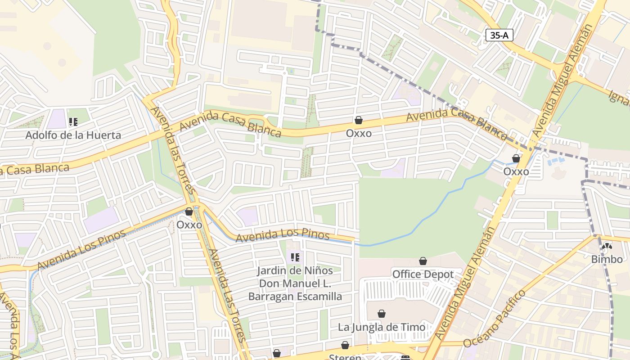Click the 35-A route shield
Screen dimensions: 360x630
499,35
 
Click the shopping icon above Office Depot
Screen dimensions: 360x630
423,261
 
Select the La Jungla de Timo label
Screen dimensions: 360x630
382,327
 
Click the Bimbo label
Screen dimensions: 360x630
607,259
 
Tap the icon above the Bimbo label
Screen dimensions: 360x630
607,246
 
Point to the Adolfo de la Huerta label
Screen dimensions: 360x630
73,135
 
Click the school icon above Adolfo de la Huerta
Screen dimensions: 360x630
73,121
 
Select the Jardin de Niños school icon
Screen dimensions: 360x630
295,257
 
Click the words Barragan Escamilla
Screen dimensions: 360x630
295,297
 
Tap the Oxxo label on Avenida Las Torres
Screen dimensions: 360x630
189,224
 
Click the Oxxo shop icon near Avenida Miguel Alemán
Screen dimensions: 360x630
516,159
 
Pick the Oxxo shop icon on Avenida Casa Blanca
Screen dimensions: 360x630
359,120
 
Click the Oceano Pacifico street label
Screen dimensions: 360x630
494,319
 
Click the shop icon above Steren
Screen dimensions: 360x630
345,345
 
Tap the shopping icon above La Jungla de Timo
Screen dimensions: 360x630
382,314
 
